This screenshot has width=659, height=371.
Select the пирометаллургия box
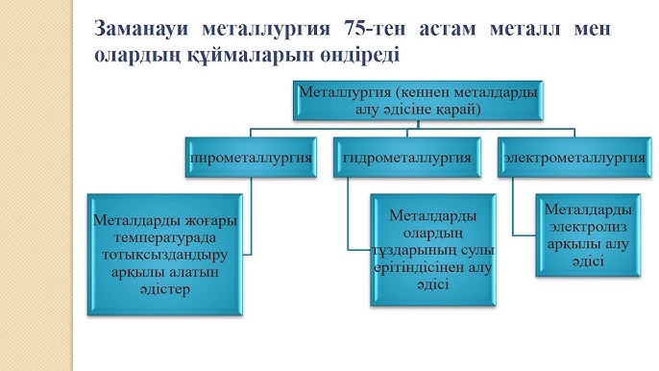click(252, 157)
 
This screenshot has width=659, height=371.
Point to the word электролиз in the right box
click(588, 226)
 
